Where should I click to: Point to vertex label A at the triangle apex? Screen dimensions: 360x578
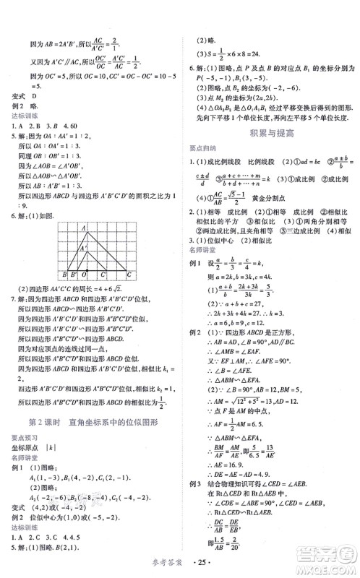pos(85,229)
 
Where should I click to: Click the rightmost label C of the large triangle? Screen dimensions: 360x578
pos(128,275)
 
